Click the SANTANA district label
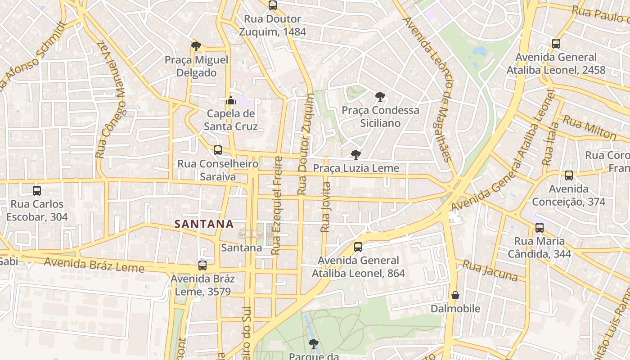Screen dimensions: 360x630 coord(204,224)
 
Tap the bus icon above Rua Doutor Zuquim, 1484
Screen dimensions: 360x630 coord(273,5)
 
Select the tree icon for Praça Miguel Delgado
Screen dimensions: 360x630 coord(196,46)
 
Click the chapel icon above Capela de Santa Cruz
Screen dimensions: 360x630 coord(231,100)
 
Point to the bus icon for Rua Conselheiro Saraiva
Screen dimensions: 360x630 coord(218,150)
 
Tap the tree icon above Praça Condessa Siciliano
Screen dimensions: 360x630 coord(380,96)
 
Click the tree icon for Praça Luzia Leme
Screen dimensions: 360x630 coord(356,155)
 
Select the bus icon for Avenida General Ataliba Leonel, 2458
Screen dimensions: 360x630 coord(556,44)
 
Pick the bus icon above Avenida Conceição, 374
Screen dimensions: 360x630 coord(569,175)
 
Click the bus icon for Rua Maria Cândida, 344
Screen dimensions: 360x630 coord(540,228)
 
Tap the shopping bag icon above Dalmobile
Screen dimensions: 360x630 coord(455,295)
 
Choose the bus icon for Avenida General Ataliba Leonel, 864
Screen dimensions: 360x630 coord(358,247)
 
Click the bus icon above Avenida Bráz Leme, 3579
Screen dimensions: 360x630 coord(202,265)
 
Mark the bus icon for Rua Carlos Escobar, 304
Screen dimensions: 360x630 coord(37,191)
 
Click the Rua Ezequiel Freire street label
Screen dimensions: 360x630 coord(277,205)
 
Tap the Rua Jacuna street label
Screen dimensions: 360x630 coord(490,270)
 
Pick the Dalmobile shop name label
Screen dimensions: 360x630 coord(455,309)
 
